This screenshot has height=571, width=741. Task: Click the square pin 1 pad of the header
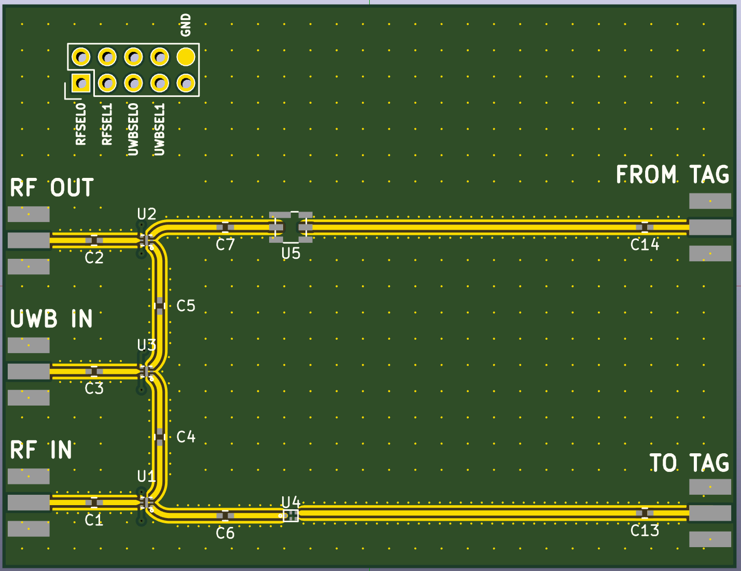click(x=81, y=82)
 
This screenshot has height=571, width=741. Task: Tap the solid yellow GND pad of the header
click(x=186, y=57)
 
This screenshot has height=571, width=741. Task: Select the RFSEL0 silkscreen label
click(x=81, y=124)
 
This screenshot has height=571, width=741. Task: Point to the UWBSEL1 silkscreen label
click(x=160, y=129)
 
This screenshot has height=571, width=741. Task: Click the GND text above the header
click(x=186, y=25)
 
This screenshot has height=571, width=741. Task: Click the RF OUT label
click(x=52, y=188)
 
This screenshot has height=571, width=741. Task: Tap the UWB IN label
click(x=52, y=319)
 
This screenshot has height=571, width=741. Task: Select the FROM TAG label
click(x=672, y=175)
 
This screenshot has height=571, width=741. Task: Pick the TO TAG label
click(x=689, y=463)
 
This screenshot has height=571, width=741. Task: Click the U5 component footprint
click(x=291, y=227)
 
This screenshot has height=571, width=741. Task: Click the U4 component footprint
click(x=291, y=515)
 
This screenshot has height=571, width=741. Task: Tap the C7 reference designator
click(x=226, y=245)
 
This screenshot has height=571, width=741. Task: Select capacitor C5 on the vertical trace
click(x=160, y=305)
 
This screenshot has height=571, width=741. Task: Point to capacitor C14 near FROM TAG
click(x=645, y=227)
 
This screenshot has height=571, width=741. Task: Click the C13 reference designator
click(x=645, y=531)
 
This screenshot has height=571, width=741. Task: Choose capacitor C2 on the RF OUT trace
click(x=94, y=240)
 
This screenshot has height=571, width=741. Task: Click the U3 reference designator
click(x=146, y=345)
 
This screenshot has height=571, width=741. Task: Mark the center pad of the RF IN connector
click(x=29, y=502)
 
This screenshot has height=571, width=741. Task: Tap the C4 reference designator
click(x=186, y=437)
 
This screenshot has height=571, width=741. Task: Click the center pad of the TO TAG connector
click(x=710, y=513)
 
